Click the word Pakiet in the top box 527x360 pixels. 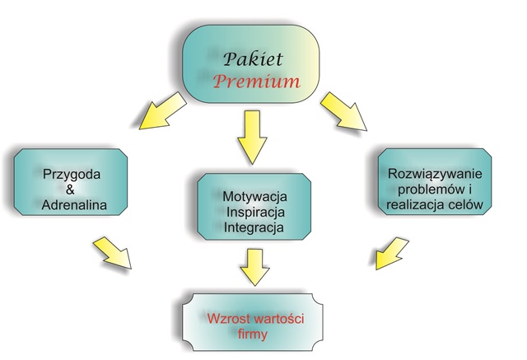coord(253,59)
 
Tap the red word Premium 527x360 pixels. coord(256,82)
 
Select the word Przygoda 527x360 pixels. coord(72,175)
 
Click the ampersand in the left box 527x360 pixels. coord(70,189)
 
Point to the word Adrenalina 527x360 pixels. coord(74,204)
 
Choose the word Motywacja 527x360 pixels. coord(254,197)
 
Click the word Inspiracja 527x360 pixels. coord(256,212)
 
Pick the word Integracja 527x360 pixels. coord(254,227)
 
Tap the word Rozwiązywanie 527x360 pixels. coord(435,174)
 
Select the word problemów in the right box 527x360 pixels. coord(430,189)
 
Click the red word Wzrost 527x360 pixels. coord(229,318)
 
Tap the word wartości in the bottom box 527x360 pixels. coord(279,318)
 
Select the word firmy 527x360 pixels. coord(253,334)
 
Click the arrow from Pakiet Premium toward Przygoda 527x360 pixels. coord(162,111)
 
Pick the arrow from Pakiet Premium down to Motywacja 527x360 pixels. coord(252,137)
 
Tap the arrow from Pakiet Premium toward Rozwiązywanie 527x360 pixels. coord(344,111)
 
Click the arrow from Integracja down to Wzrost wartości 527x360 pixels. coord(254,268)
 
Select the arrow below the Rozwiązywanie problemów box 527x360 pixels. coord(391,253)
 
